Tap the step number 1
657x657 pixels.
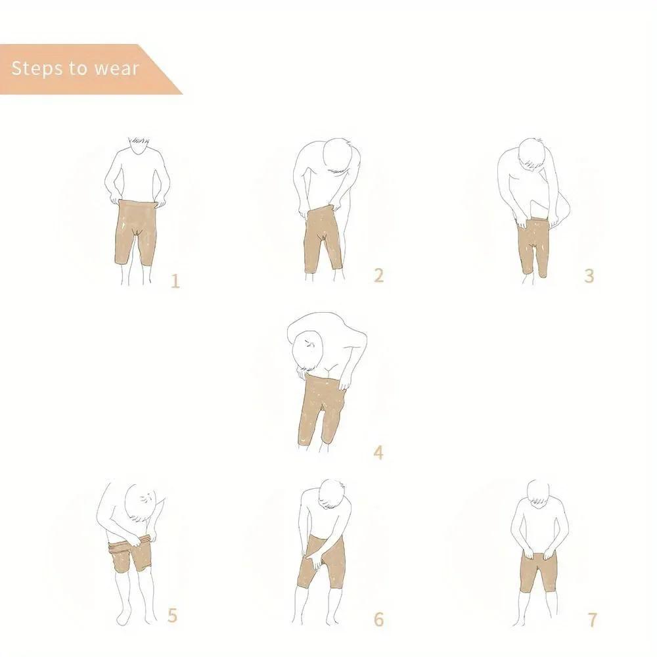(x=175, y=282)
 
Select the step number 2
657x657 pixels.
(x=378, y=275)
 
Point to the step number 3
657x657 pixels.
(x=589, y=275)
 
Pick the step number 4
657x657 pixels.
(x=378, y=452)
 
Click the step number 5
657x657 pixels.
(x=172, y=616)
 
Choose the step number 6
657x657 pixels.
(x=378, y=619)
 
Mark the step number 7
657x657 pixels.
(x=592, y=619)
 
